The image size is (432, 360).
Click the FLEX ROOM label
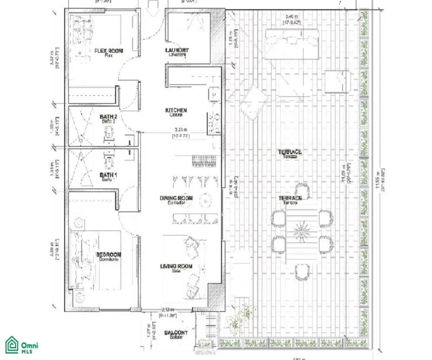click(x=108, y=51)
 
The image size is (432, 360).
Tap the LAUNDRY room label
click(x=177, y=50)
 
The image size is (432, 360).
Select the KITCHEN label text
click(x=176, y=111)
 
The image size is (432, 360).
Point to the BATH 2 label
click(x=108, y=117)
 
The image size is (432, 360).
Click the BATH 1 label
click(x=108, y=175)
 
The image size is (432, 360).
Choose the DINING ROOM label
click(x=176, y=198)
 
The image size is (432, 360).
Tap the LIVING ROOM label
click(x=176, y=267)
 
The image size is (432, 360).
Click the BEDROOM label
click(x=108, y=255)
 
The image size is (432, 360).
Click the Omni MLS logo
click(x=22, y=345)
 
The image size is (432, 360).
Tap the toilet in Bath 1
click(x=108, y=161)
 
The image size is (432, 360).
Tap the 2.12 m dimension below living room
click(x=168, y=310)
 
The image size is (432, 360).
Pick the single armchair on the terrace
click(x=337, y=82)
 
